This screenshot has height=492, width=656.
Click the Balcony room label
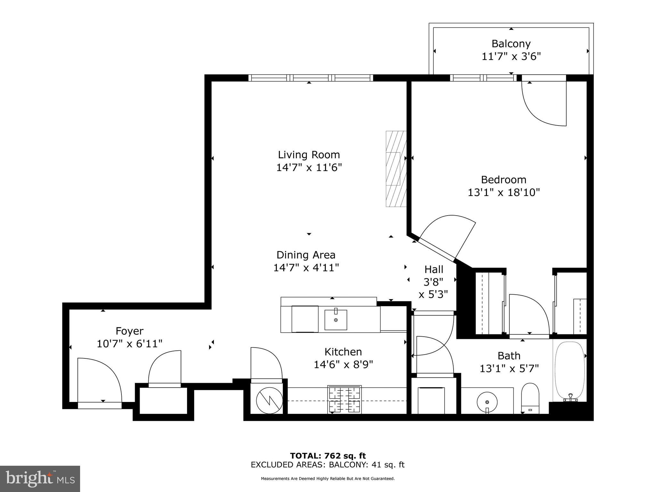pyautogui.click(x=511, y=44)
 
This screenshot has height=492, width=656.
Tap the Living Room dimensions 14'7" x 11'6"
pyautogui.click(x=309, y=168)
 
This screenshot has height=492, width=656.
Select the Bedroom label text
pyautogui.click(x=504, y=179)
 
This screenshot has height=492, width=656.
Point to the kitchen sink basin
pyautogui.click(x=336, y=320)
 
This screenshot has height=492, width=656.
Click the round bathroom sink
pyautogui.click(x=487, y=402)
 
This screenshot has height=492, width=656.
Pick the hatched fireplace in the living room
pyautogui.click(x=396, y=169)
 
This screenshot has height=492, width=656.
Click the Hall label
pyautogui.click(x=434, y=269)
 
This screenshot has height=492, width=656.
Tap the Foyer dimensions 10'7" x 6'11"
pyautogui.click(x=129, y=344)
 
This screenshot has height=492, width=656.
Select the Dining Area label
pyautogui.click(x=306, y=255)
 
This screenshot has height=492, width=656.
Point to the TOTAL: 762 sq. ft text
pyautogui.click(x=328, y=456)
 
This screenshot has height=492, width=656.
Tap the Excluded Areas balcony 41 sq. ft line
pyautogui.click(x=327, y=465)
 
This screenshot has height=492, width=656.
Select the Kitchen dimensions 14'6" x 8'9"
pyautogui.click(x=343, y=365)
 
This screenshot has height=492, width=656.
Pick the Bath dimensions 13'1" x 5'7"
pyautogui.click(x=509, y=369)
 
